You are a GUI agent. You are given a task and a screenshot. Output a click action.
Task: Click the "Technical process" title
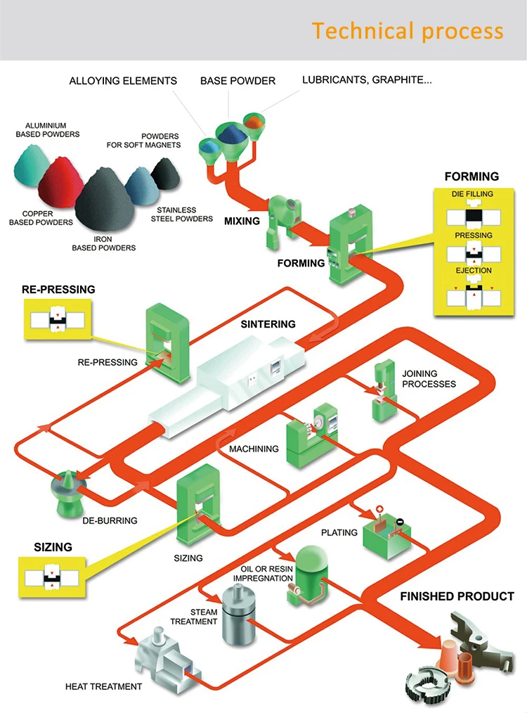(408, 32)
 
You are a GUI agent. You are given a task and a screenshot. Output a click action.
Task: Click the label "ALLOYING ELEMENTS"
(123, 81)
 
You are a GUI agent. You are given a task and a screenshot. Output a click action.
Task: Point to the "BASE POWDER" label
(238, 81)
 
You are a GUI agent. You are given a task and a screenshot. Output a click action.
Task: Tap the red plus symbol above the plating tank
(380, 508)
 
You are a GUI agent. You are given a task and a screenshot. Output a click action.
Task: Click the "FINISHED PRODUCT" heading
(457, 596)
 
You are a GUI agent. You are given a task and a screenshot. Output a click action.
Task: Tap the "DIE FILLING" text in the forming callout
(471, 194)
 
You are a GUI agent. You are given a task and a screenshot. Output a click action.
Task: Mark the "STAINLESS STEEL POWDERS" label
(181, 214)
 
